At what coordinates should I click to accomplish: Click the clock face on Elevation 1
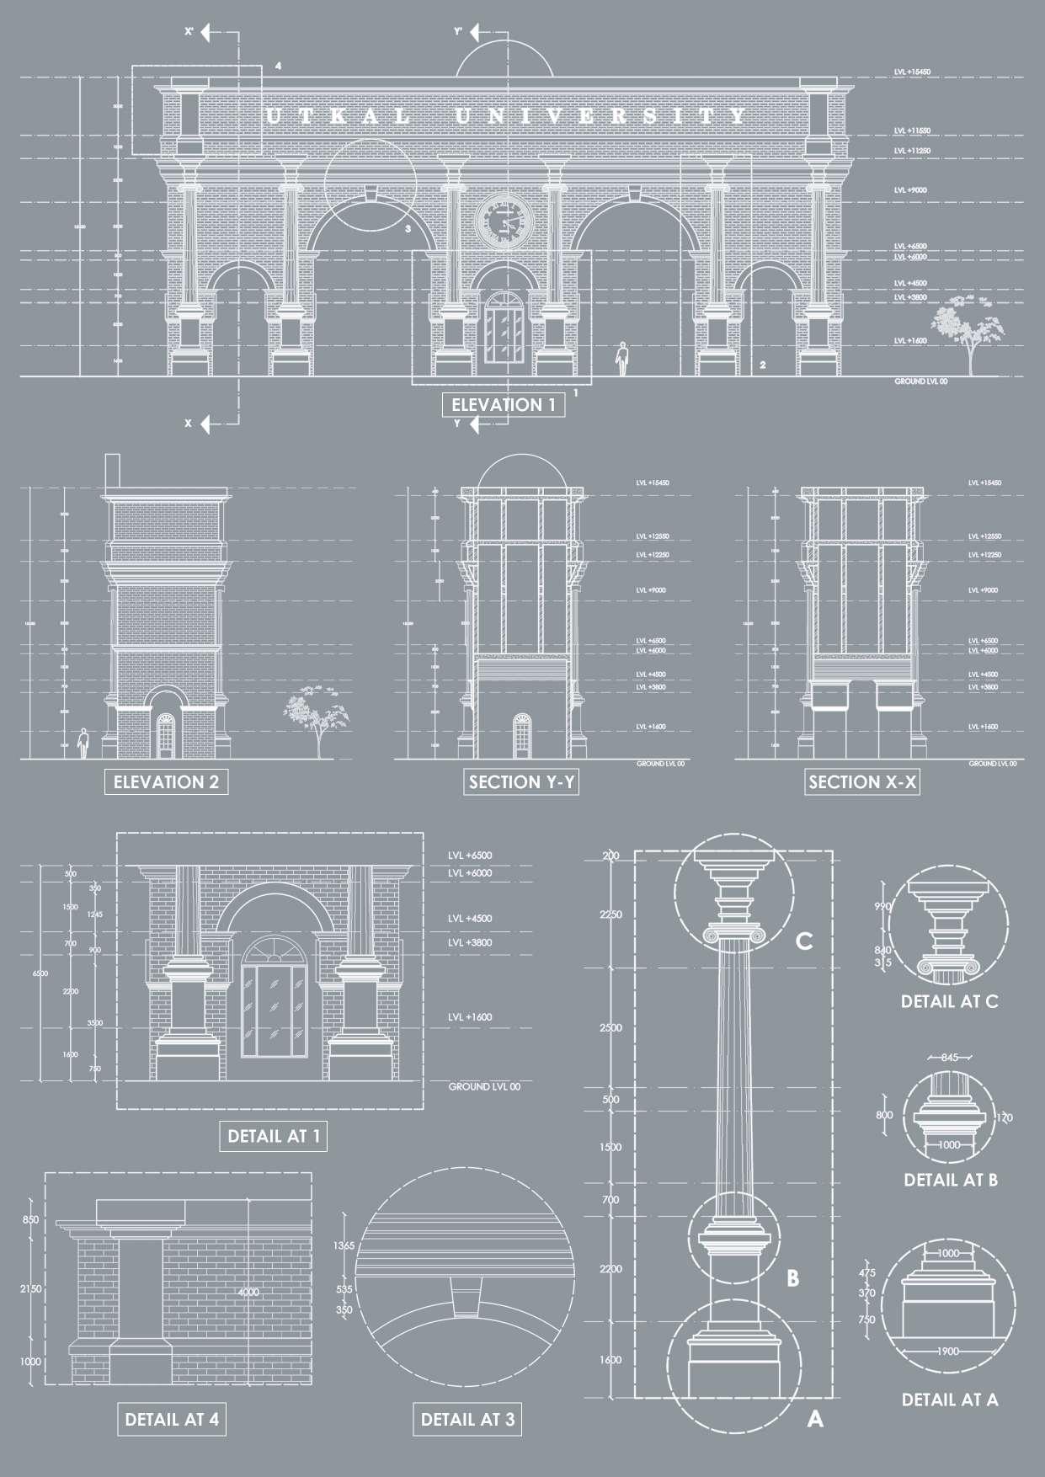coord(504,222)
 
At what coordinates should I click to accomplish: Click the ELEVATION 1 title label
coord(503,405)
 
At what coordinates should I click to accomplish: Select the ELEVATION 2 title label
coord(166,781)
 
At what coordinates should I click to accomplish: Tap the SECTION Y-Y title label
coord(522,781)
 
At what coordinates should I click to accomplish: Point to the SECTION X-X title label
coord(862,781)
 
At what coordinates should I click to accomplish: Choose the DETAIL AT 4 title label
coord(172,1419)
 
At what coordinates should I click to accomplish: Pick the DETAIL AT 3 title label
coord(467,1419)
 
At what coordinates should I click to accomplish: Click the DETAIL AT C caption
coord(949,1001)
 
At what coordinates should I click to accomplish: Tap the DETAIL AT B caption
coord(951,1180)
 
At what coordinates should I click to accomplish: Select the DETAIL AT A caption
coord(950,1399)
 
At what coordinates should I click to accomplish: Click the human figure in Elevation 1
coord(621,358)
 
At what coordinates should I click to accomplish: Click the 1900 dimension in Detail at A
coord(947,1352)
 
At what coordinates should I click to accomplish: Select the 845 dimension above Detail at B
coord(949,1058)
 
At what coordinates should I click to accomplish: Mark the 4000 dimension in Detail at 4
coord(248,1293)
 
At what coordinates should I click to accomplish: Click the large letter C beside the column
coord(804,941)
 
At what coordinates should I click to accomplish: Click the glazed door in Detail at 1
coord(273,1008)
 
